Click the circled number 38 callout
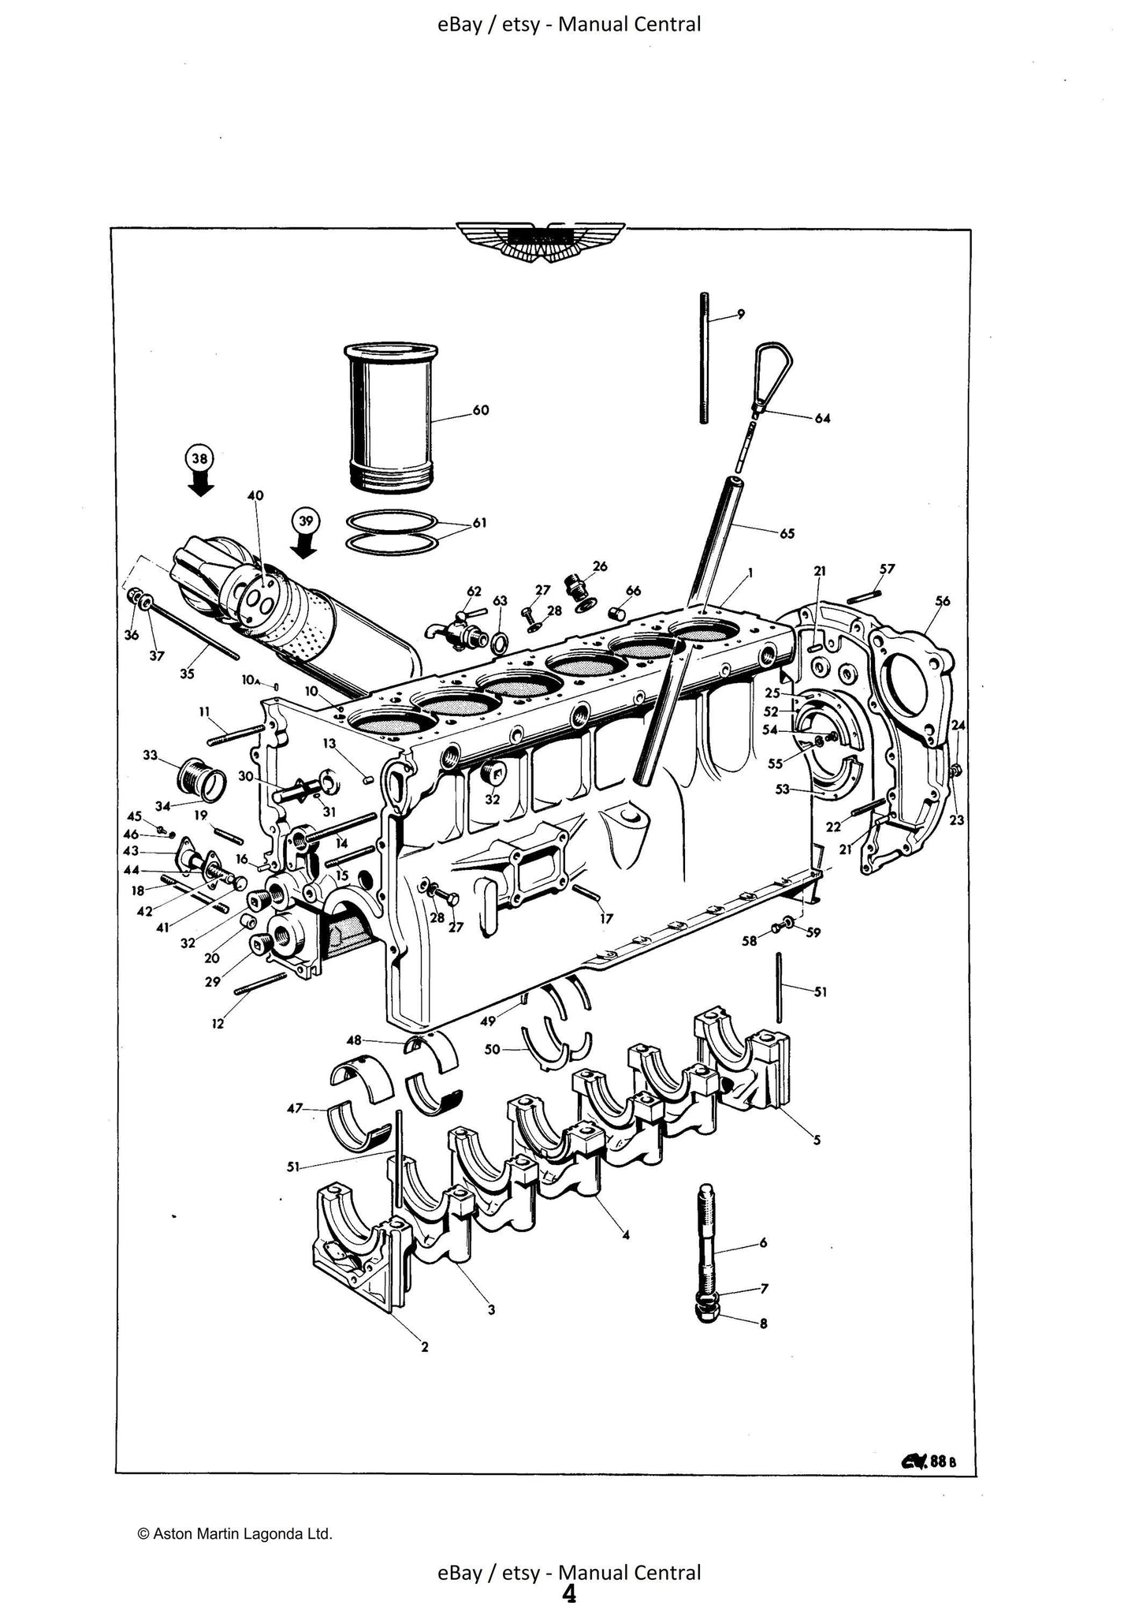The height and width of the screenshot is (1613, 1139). pyautogui.click(x=200, y=459)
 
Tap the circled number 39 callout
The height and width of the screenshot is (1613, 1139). pyautogui.click(x=306, y=521)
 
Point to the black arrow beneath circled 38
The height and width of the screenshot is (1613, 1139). pyautogui.click(x=201, y=484)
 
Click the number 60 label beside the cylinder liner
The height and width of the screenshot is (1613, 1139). pyautogui.click(x=480, y=410)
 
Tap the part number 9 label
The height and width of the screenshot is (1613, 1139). pyautogui.click(x=740, y=315)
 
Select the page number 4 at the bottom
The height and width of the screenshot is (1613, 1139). pyautogui.click(x=568, y=1594)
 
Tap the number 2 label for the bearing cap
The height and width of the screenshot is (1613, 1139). pyautogui.click(x=424, y=1347)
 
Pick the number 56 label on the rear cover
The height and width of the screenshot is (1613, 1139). pyautogui.click(x=942, y=601)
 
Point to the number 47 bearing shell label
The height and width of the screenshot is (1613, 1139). pyautogui.click(x=295, y=1108)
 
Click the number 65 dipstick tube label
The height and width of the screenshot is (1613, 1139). pyautogui.click(x=787, y=533)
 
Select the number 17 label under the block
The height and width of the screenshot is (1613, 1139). pyautogui.click(x=606, y=918)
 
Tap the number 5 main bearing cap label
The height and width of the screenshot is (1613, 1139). pyautogui.click(x=817, y=1140)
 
